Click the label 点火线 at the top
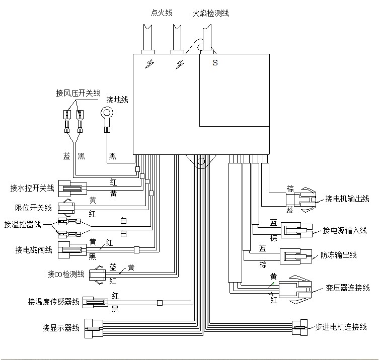(x=162, y=13)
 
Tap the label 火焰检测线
(x=210, y=13)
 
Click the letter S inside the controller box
(x=215, y=63)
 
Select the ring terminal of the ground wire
(x=107, y=113)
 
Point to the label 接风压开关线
(x=78, y=93)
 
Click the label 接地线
(x=117, y=100)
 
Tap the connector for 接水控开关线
(x=72, y=189)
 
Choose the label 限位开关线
(x=33, y=208)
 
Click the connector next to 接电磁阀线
(x=72, y=250)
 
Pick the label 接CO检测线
(x=66, y=274)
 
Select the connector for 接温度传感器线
(x=95, y=302)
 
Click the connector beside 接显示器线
(x=94, y=328)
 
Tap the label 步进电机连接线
(x=341, y=327)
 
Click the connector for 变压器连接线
(x=295, y=290)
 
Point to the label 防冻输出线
(x=339, y=255)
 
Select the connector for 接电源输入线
(x=296, y=230)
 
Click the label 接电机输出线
(x=347, y=199)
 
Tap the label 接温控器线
(x=23, y=224)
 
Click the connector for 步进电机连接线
(x=299, y=327)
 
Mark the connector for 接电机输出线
(x=301, y=200)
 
